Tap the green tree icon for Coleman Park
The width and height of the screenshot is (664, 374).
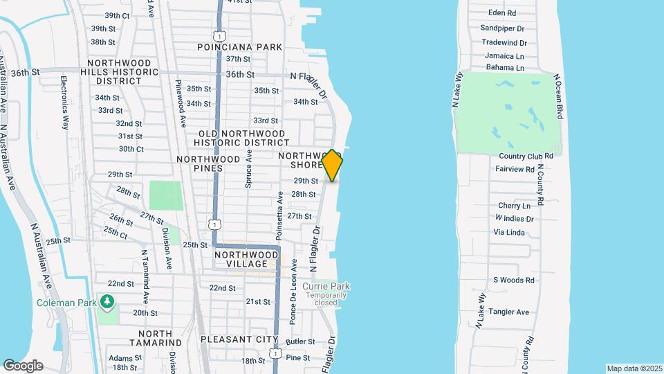point(107,301)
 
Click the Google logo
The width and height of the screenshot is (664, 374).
point(23,366)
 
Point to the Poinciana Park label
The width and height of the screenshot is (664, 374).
point(239,47)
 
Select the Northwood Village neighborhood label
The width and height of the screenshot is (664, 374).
point(241,259)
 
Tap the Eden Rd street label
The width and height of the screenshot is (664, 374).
point(502,13)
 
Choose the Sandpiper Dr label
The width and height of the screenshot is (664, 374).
point(503,28)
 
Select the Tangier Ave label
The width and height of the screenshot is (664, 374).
point(509,312)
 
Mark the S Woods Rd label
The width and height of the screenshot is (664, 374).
point(514,280)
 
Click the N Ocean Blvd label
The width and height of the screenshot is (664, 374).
point(560,97)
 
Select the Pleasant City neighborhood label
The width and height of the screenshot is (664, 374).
point(239,340)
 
